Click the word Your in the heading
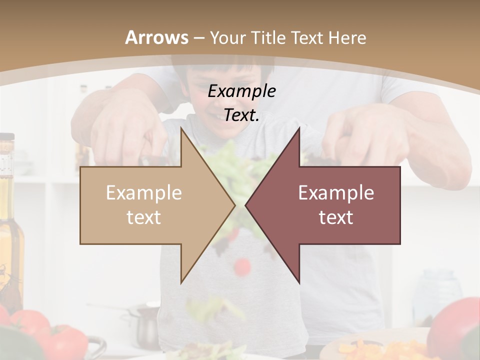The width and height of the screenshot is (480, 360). coord(227,38)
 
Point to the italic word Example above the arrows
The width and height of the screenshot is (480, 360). coord(241,91)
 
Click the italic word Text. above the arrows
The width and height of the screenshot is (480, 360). coord(241,115)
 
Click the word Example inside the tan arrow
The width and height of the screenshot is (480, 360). coord(144,193)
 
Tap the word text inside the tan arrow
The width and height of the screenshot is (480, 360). coord(144,217)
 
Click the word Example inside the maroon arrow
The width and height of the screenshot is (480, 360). coord(336,193)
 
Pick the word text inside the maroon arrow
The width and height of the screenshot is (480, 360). coord(336,217)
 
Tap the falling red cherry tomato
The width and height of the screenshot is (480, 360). coord(242,266)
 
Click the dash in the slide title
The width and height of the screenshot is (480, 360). coord(199,38)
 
